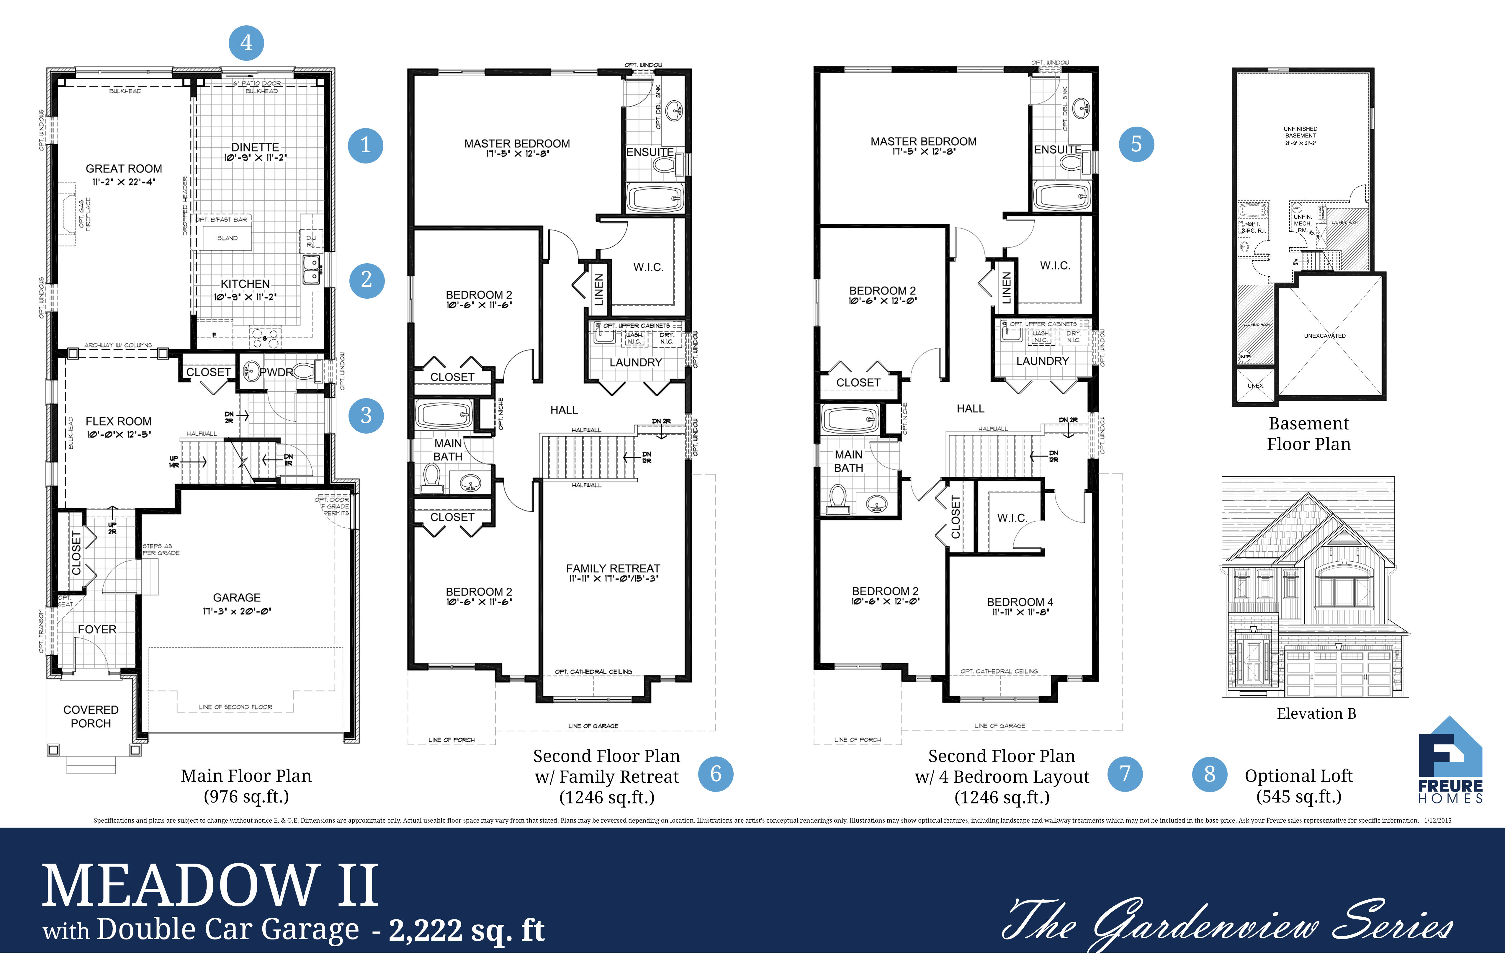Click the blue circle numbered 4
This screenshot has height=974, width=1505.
point(246,43)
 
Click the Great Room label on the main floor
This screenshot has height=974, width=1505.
point(124,169)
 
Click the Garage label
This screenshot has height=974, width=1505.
point(236,598)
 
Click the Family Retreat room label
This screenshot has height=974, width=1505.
point(613,568)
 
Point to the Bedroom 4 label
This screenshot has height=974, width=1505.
point(1020,602)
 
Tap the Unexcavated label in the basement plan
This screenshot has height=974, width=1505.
point(1325,336)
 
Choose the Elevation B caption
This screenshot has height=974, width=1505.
point(1316,713)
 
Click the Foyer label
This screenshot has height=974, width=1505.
point(97,629)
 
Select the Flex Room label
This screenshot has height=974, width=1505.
point(118,421)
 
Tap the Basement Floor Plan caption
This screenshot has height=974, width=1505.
point(1308,434)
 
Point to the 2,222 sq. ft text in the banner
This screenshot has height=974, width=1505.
point(466,930)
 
